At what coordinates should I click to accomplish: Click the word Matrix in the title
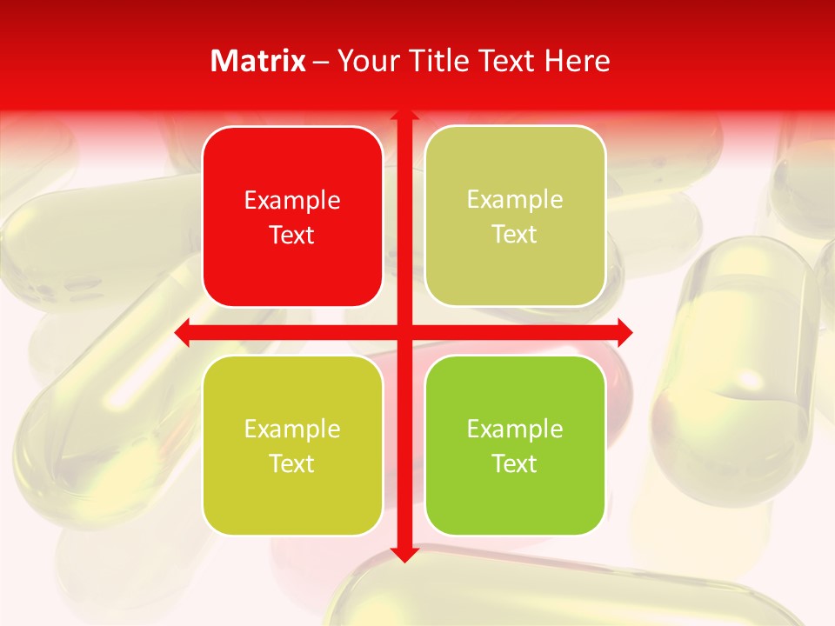pos(258,61)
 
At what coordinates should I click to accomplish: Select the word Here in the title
pos(578,61)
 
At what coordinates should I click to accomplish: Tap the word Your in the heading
pos(367,61)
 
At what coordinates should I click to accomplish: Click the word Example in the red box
pos(292,201)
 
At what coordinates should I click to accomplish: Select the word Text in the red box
pos(292,235)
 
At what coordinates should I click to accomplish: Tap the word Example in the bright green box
pos(515,430)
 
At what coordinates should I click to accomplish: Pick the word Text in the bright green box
pos(515,463)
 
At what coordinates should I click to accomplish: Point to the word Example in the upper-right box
pos(515,200)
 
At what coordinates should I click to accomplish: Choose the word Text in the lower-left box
pos(292,463)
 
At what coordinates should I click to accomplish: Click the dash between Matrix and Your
pos(321,62)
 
